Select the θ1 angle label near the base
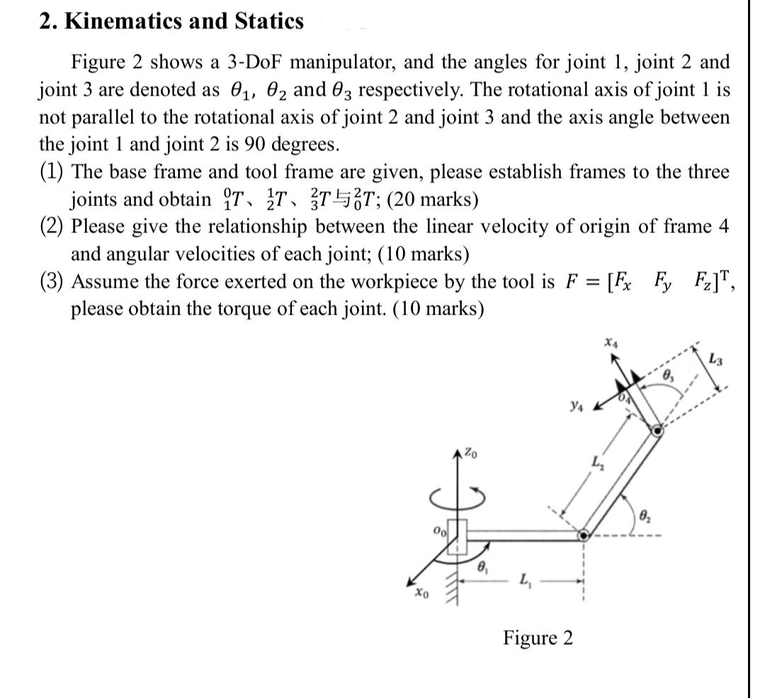coord(482,566)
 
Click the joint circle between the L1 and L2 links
coord(583,536)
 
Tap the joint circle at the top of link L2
coord(657,430)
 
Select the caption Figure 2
coord(538,638)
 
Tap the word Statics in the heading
coord(269,21)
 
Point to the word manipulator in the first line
coord(344,62)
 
